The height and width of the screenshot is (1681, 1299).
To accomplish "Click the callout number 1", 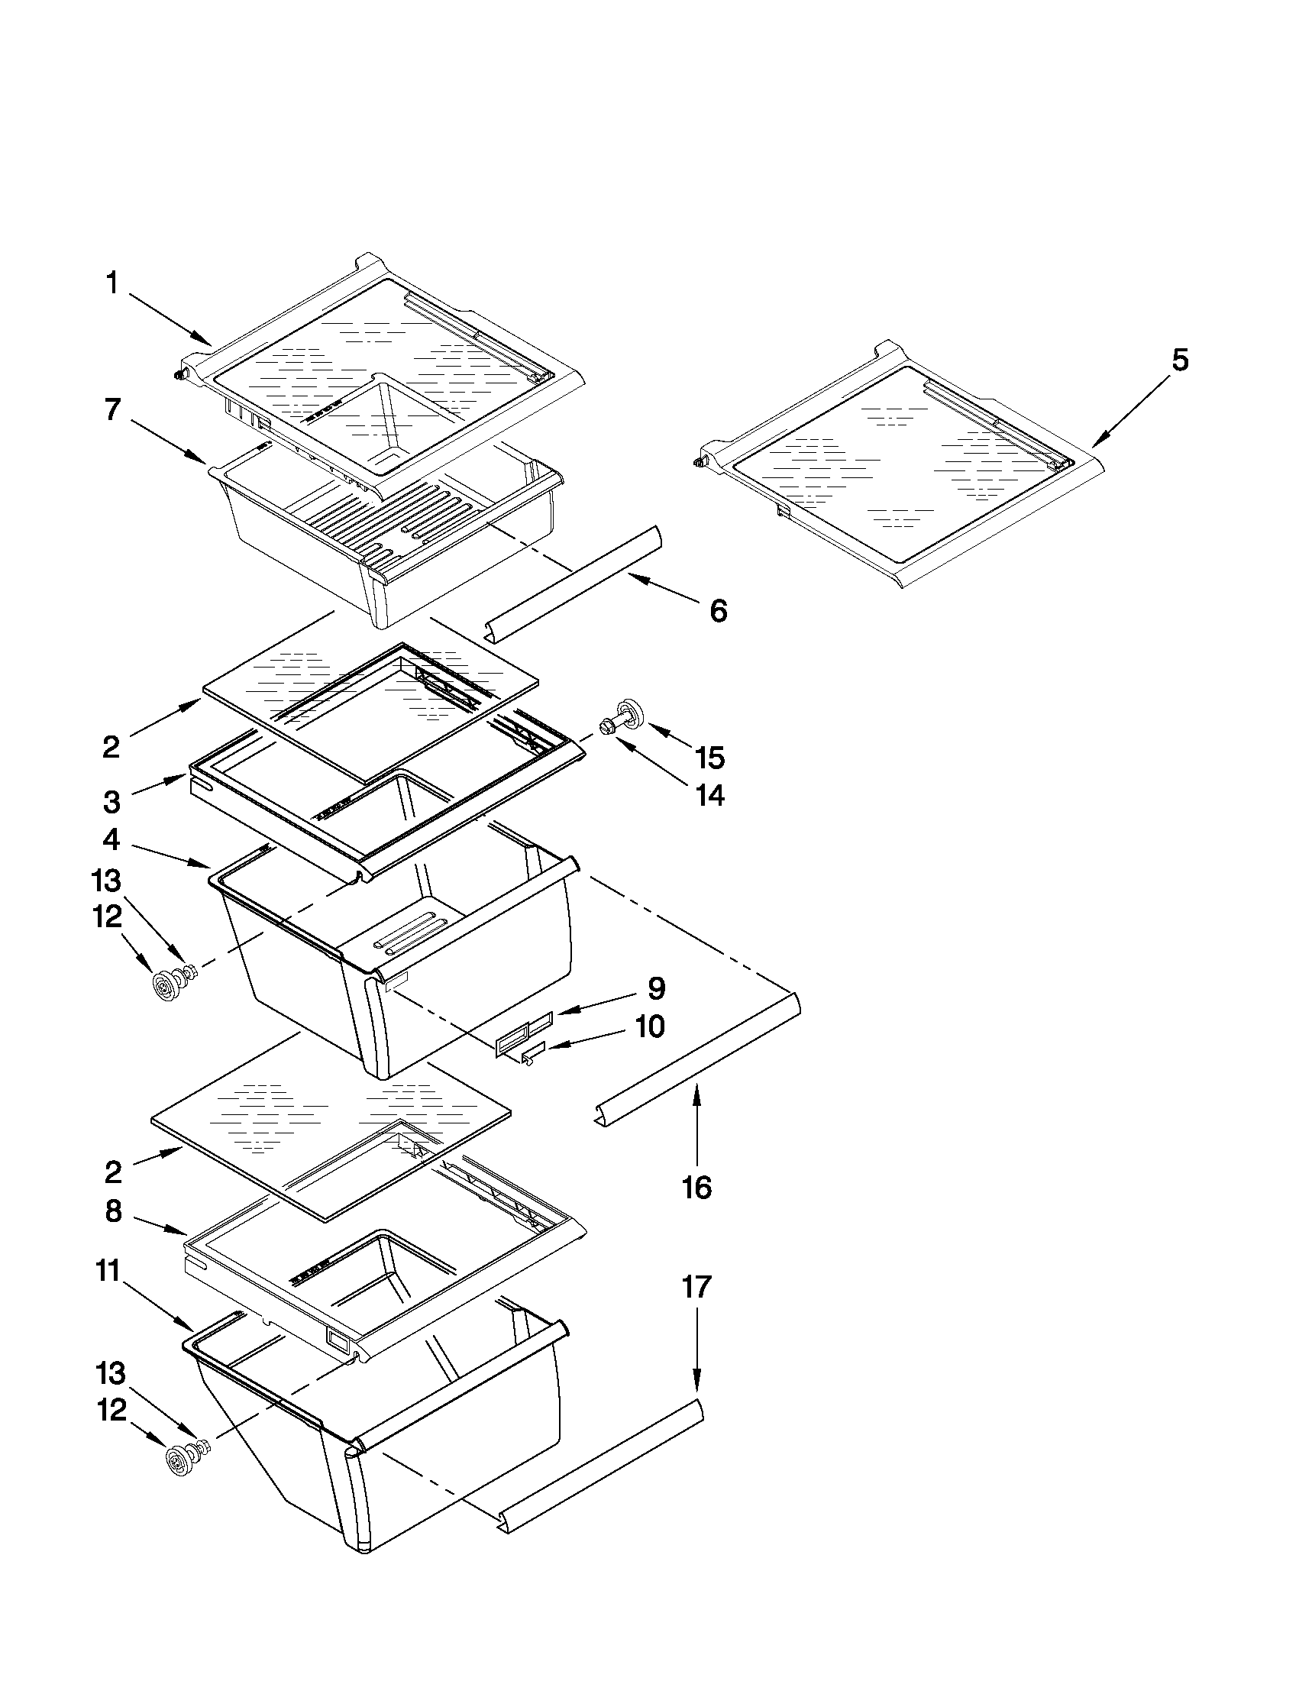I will point(112,284).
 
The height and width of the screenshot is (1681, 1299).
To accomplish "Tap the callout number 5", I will point(1180,360).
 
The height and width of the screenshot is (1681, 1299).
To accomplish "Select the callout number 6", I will point(718,611).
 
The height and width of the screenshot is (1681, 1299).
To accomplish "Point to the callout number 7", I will point(112,410).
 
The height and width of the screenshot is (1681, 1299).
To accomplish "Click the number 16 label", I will point(696,1188).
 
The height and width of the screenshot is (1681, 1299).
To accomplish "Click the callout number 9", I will point(657,988).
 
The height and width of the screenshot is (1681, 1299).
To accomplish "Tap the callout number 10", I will point(651,1026).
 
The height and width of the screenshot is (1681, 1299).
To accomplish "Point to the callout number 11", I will point(108,1272).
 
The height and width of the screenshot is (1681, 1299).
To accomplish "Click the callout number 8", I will point(113,1211).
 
